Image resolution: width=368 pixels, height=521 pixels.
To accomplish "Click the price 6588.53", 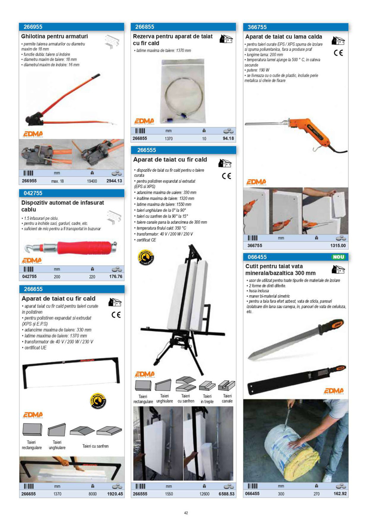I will (x=225, y=494).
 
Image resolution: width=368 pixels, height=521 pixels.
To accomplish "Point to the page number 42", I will (x=186, y=513).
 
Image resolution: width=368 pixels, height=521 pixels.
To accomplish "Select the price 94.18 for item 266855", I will (x=228, y=139).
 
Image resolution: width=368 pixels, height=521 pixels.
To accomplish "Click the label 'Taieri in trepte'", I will (x=207, y=398).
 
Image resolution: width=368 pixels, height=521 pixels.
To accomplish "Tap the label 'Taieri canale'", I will (x=227, y=398).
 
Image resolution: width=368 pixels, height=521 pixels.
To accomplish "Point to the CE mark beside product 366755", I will (x=338, y=53).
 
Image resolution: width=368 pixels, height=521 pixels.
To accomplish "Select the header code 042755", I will (x=33, y=193).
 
